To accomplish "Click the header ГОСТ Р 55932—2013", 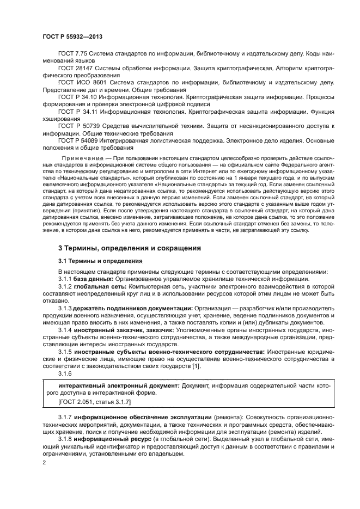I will point(72,36).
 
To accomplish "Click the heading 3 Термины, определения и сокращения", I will point(130,248).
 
